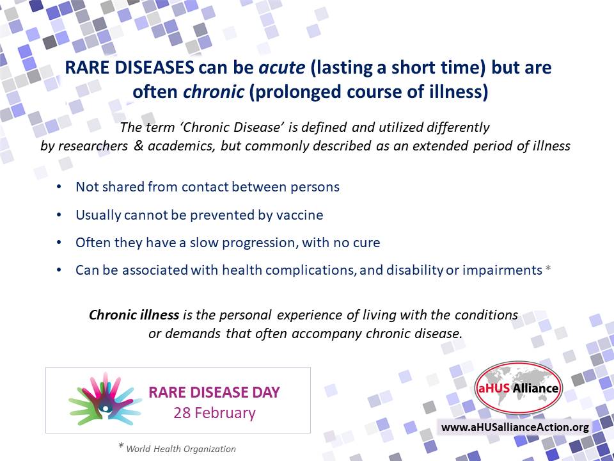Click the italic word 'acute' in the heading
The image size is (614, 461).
pyautogui.click(x=282, y=67)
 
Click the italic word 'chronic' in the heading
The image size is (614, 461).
pyautogui.click(x=214, y=92)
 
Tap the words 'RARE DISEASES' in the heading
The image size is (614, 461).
pyautogui.click(x=129, y=67)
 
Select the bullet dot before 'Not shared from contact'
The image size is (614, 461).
pyautogui.click(x=59, y=187)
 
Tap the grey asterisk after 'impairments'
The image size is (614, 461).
pyautogui.click(x=548, y=268)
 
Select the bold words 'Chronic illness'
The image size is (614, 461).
pyautogui.click(x=134, y=315)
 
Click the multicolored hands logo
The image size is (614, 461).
pyautogui.click(x=104, y=400)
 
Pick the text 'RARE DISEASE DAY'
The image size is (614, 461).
pyautogui.click(x=214, y=392)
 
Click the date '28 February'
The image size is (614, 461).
pyautogui.click(x=215, y=413)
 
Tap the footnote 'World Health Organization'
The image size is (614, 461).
pyautogui.click(x=181, y=449)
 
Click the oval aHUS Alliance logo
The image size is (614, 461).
pyautogui.click(x=519, y=388)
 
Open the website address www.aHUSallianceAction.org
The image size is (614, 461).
pyautogui.click(x=515, y=427)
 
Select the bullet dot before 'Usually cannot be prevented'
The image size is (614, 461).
pyautogui.click(x=59, y=215)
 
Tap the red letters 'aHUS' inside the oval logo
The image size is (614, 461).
pyautogui.click(x=493, y=388)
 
